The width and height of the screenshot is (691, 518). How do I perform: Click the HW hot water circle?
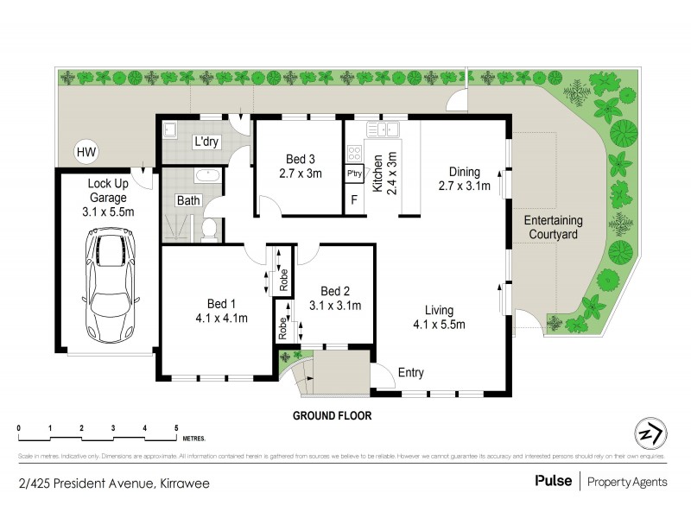[86, 153]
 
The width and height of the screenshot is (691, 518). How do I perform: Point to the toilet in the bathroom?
[208, 229]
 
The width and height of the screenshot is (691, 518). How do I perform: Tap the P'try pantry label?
[353, 174]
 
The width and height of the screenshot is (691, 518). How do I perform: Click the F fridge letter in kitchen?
[353, 202]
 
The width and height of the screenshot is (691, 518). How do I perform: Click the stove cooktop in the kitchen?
[353, 153]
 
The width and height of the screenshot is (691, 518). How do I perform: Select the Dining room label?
[465, 171]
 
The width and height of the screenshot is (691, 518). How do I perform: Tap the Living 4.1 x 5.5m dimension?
[438, 325]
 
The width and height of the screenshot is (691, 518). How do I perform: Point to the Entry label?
[410, 373]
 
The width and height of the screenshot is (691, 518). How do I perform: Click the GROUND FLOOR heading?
[332, 415]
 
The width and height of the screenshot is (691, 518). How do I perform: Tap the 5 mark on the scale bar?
[176, 428]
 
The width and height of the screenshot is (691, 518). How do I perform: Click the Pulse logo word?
[553, 481]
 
